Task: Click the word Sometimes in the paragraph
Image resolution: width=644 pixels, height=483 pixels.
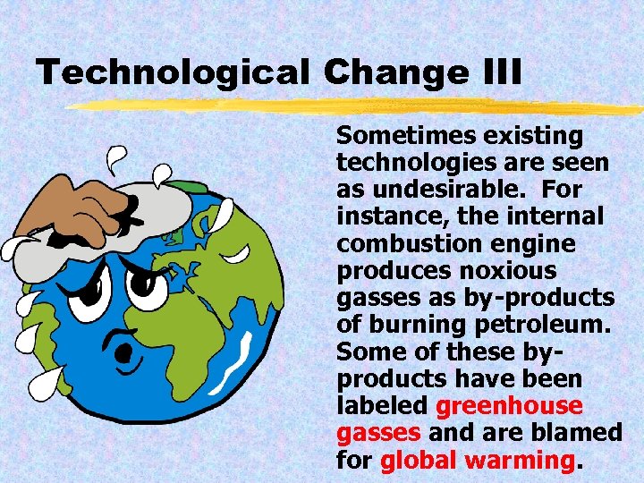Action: click(403, 137)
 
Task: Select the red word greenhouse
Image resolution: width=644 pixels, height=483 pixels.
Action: click(509, 406)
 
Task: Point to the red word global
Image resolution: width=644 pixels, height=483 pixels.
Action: click(419, 461)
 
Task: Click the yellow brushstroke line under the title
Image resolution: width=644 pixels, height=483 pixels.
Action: click(358, 106)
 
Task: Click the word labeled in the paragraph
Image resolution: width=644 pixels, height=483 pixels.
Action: click(383, 406)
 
